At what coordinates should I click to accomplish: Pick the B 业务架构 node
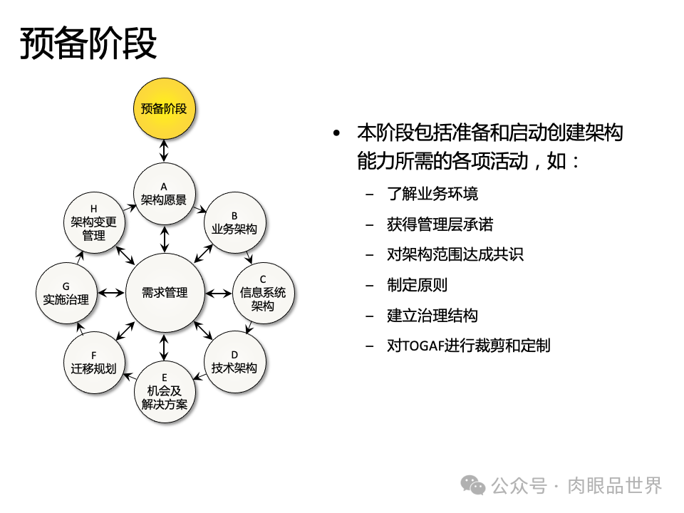point(234,222)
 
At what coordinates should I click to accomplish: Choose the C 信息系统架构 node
point(263,293)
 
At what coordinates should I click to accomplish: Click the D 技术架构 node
point(234,361)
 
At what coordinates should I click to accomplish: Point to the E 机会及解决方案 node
point(164,393)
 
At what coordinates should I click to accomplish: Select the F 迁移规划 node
point(93,361)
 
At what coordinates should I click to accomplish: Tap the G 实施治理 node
point(66,293)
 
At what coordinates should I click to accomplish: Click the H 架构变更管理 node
point(93,222)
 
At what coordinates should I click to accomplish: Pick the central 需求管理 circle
point(165,293)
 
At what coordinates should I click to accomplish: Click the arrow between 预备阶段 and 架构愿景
point(164,150)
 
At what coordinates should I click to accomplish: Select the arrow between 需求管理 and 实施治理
point(110,293)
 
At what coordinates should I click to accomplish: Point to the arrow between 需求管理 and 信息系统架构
point(217,293)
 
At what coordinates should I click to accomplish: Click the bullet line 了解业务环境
point(432,194)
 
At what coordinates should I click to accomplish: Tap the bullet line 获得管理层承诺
point(440,224)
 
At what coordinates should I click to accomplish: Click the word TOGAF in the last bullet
point(424,346)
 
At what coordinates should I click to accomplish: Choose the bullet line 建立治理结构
point(432,316)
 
